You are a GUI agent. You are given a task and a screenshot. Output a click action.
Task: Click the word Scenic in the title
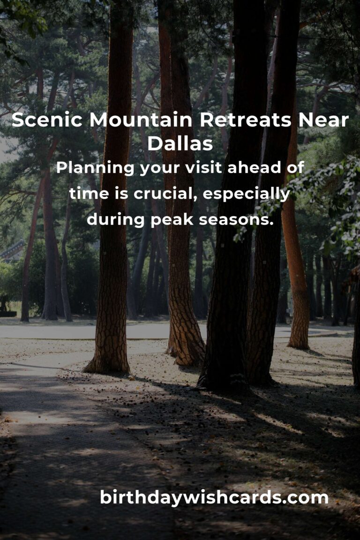coord(47,120)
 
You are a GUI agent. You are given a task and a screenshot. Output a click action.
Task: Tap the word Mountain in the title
coord(141,120)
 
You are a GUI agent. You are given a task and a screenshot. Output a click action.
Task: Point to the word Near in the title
coord(323,120)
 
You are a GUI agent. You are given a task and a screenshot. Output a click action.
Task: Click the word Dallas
coord(180,143)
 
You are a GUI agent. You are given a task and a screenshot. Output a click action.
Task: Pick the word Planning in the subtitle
coord(95,168)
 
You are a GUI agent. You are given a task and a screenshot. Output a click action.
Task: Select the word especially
coord(247,194)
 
